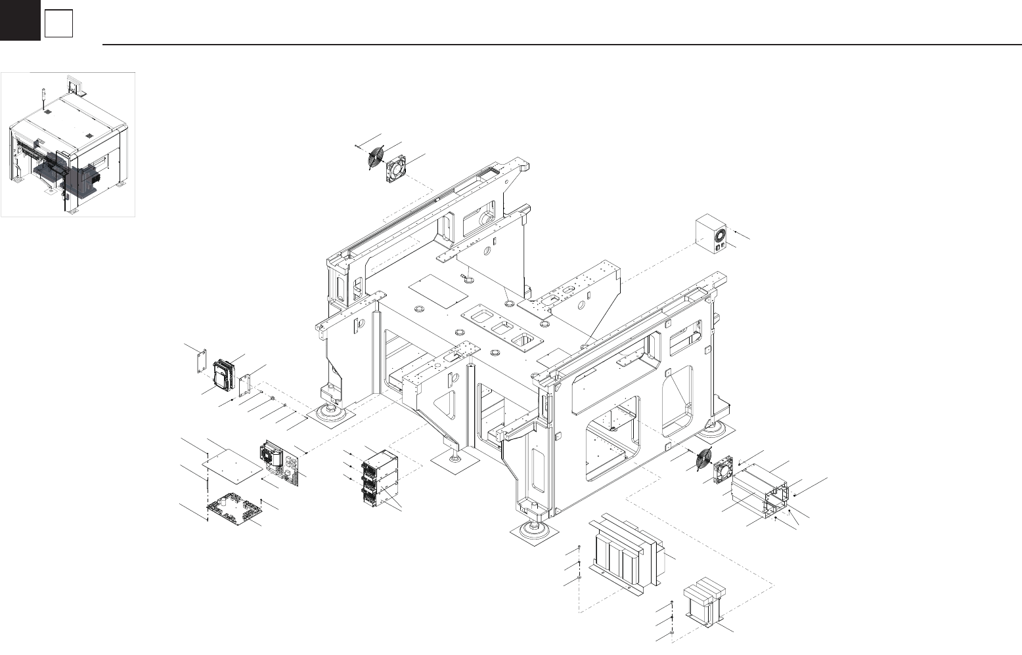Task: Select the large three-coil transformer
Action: pyautogui.click(x=625, y=551)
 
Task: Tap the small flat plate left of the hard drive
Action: pyautogui.click(x=200, y=361)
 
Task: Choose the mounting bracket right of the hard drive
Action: pyautogui.click(x=247, y=385)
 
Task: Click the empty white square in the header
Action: pyautogui.click(x=58, y=24)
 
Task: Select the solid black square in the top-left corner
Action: pyautogui.click(x=20, y=20)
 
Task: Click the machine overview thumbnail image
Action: pyautogui.click(x=68, y=144)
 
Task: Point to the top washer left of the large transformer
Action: pyautogui.click(x=579, y=547)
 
